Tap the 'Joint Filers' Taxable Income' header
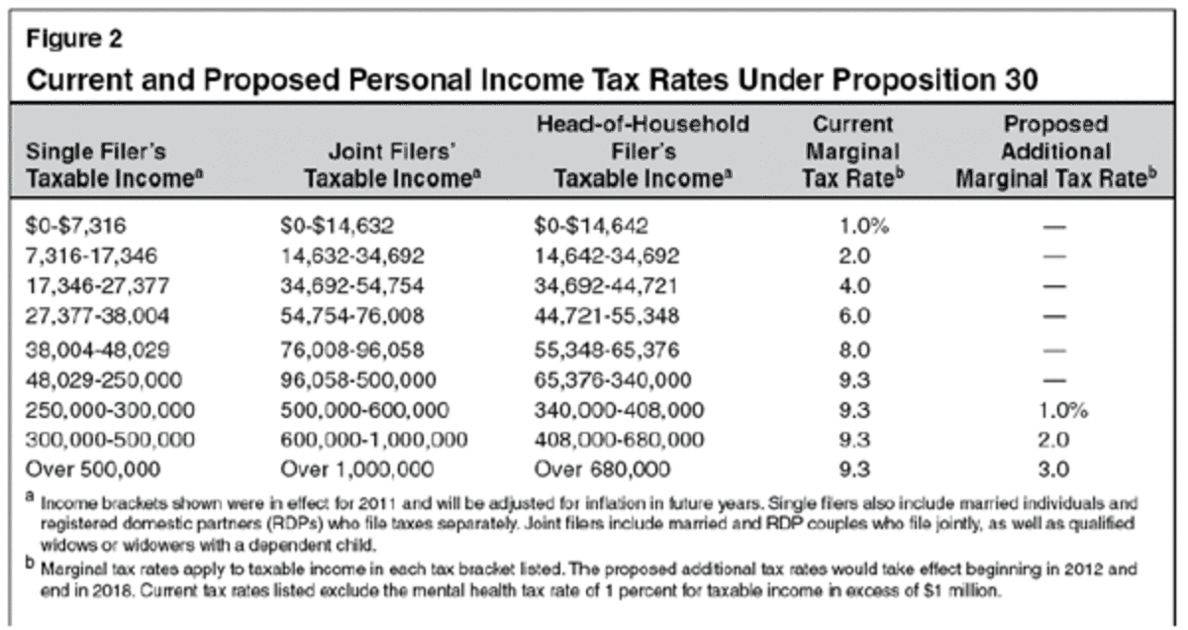tap(373, 165)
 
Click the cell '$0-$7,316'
tap(70, 227)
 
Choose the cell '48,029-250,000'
tap(96, 377)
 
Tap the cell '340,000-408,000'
tap(621, 410)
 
